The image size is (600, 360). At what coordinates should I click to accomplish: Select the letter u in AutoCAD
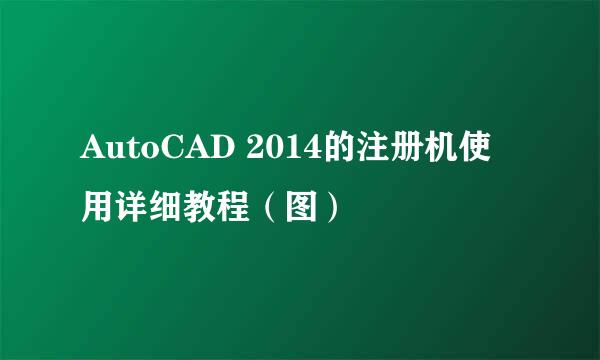click(111, 154)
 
